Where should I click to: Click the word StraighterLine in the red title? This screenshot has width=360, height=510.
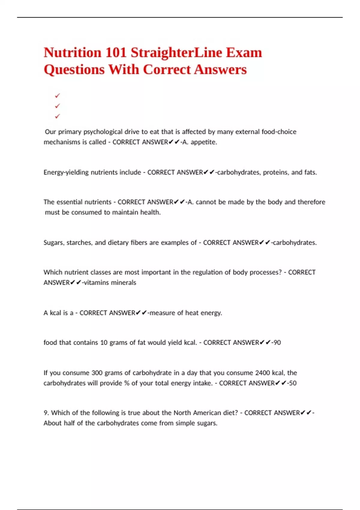(x=176, y=53)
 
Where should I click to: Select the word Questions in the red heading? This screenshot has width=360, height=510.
(x=74, y=70)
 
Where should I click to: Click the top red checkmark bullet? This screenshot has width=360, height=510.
(x=57, y=96)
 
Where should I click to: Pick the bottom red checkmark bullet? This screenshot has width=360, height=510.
(x=57, y=116)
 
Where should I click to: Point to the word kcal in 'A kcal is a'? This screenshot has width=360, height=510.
(x=55, y=313)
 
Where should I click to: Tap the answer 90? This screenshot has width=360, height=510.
(x=277, y=343)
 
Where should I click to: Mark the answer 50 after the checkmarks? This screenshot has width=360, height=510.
(x=293, y=383)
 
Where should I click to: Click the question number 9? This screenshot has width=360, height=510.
(x=46, y=413)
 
